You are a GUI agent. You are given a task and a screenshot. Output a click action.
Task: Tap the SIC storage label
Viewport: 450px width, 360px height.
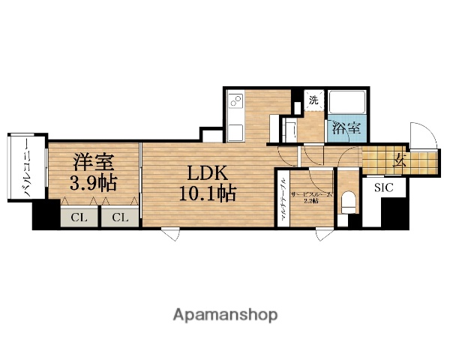coord(382,188)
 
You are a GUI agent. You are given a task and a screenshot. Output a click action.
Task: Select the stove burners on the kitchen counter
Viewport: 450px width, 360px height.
coord(235,100)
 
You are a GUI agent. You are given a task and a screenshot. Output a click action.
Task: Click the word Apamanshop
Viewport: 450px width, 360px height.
coord(226,313)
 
